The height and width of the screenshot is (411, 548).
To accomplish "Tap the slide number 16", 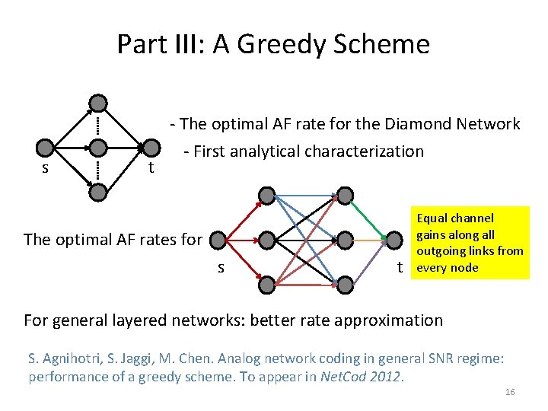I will [x=510, y=391].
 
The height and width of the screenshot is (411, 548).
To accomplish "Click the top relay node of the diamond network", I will [x=98, y=103].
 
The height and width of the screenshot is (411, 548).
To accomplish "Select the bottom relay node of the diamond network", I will [x=98, y=193].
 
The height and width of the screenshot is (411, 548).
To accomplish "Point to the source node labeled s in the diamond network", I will [x=46, y=148].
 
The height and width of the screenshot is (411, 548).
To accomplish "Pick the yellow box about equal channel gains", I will [x=469, y=243].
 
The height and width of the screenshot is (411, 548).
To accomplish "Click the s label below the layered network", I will [x=221, y=268].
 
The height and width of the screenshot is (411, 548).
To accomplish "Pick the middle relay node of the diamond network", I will [x=98, y=148].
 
